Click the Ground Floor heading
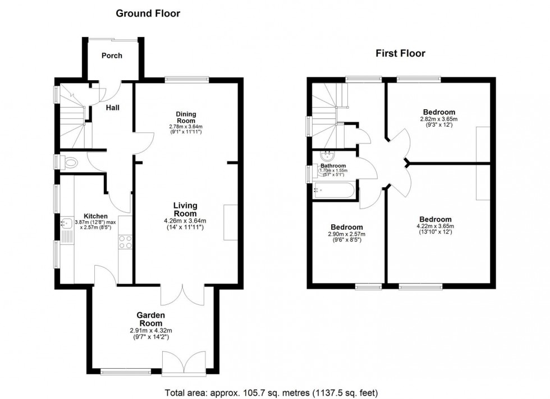[148, 13]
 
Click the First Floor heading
[400, 54]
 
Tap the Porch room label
[112, 55]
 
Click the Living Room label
[185, 209]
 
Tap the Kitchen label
[95, 216]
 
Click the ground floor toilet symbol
[70, 163]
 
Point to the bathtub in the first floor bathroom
[334, 191]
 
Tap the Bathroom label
[333, 166]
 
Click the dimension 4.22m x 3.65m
[436, 226]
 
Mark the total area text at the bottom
[274, 392]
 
